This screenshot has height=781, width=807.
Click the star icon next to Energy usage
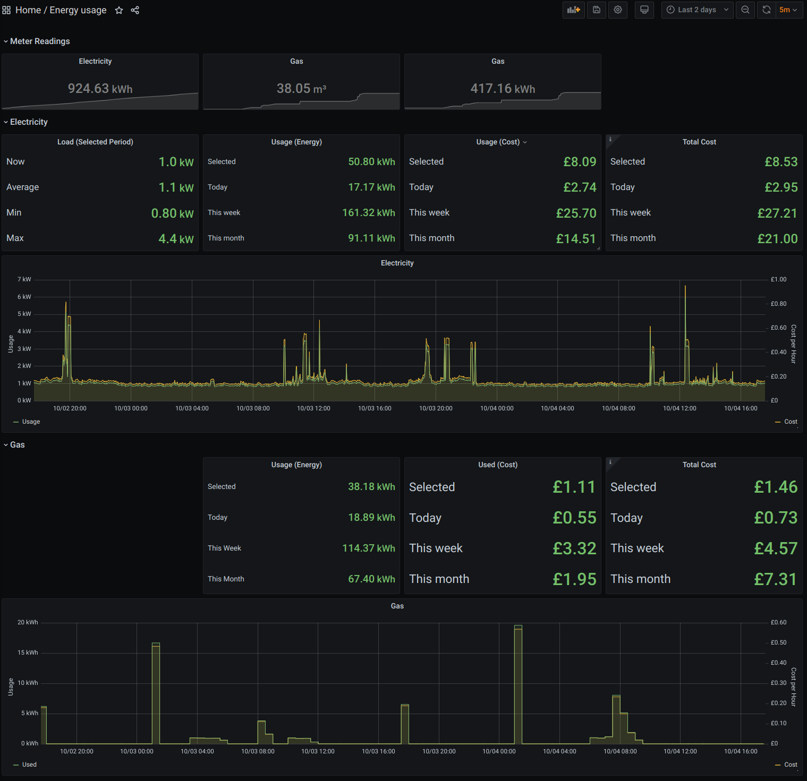pos(119,10)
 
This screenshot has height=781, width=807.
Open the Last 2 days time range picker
pos(697,10)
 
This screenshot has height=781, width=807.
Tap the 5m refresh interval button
pos(787,10)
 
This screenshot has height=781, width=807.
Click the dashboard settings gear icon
pos(618,10)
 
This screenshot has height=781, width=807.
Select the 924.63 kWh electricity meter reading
pos(100,88)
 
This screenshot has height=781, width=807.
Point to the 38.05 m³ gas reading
pos(301,88)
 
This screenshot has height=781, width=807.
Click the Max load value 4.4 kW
pos(176,239)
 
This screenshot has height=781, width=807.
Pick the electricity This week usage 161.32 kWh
pos(368,213)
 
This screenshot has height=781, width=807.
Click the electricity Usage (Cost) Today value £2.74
pos(580,187)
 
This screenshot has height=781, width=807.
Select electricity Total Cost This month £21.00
pos(777,239)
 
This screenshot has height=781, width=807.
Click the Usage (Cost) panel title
pos(498,142)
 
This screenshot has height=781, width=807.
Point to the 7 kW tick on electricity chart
pos(24,279)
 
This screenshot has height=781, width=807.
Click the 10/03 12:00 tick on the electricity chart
pos(313,408)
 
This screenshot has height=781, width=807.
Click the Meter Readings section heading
pos(40,41)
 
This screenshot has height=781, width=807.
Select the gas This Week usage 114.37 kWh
pos(368,548)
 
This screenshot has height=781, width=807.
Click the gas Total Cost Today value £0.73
pos(776,518)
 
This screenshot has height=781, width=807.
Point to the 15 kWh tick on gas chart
pos(28,653)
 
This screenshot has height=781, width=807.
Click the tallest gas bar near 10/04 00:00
pos(518,685)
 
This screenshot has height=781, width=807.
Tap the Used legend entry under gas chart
pos(29,765)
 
